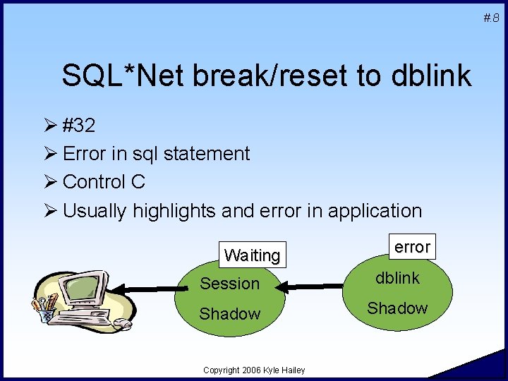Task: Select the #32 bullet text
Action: point(80,126)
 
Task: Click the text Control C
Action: point(104,181)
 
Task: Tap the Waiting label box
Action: point(252,255)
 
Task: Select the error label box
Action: point(412,247)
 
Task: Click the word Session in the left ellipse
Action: point(230,284)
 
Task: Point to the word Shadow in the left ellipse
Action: point(230,314)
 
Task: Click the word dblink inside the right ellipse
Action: point(397,278)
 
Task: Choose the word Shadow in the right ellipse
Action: point(397,308)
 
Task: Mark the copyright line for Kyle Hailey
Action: point(254,370)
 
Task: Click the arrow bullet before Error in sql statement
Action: point(52,154)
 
